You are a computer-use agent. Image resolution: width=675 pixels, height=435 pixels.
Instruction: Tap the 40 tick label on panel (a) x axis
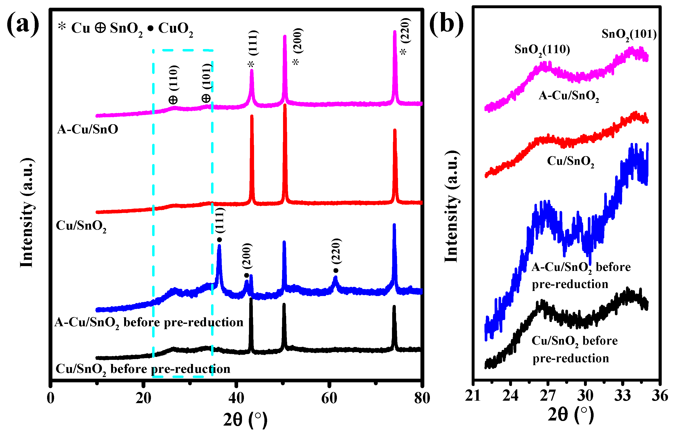[236, 398]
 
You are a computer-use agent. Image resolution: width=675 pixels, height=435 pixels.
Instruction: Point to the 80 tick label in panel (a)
[422, 398]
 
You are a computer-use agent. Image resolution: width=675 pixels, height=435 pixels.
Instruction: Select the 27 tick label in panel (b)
[547, 395]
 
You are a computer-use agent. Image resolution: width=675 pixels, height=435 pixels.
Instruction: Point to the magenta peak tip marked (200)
[285, 36]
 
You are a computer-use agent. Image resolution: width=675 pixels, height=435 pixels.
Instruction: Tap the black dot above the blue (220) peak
[335, 271]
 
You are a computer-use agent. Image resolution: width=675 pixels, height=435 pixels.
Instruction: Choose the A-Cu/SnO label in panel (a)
[87, 129]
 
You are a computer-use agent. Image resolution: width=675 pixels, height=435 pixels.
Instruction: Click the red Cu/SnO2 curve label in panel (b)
[570, 162]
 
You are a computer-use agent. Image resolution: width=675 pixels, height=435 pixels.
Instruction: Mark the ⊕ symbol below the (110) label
[173, 100]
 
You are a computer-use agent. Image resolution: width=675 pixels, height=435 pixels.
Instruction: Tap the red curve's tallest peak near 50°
[285, 105]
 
